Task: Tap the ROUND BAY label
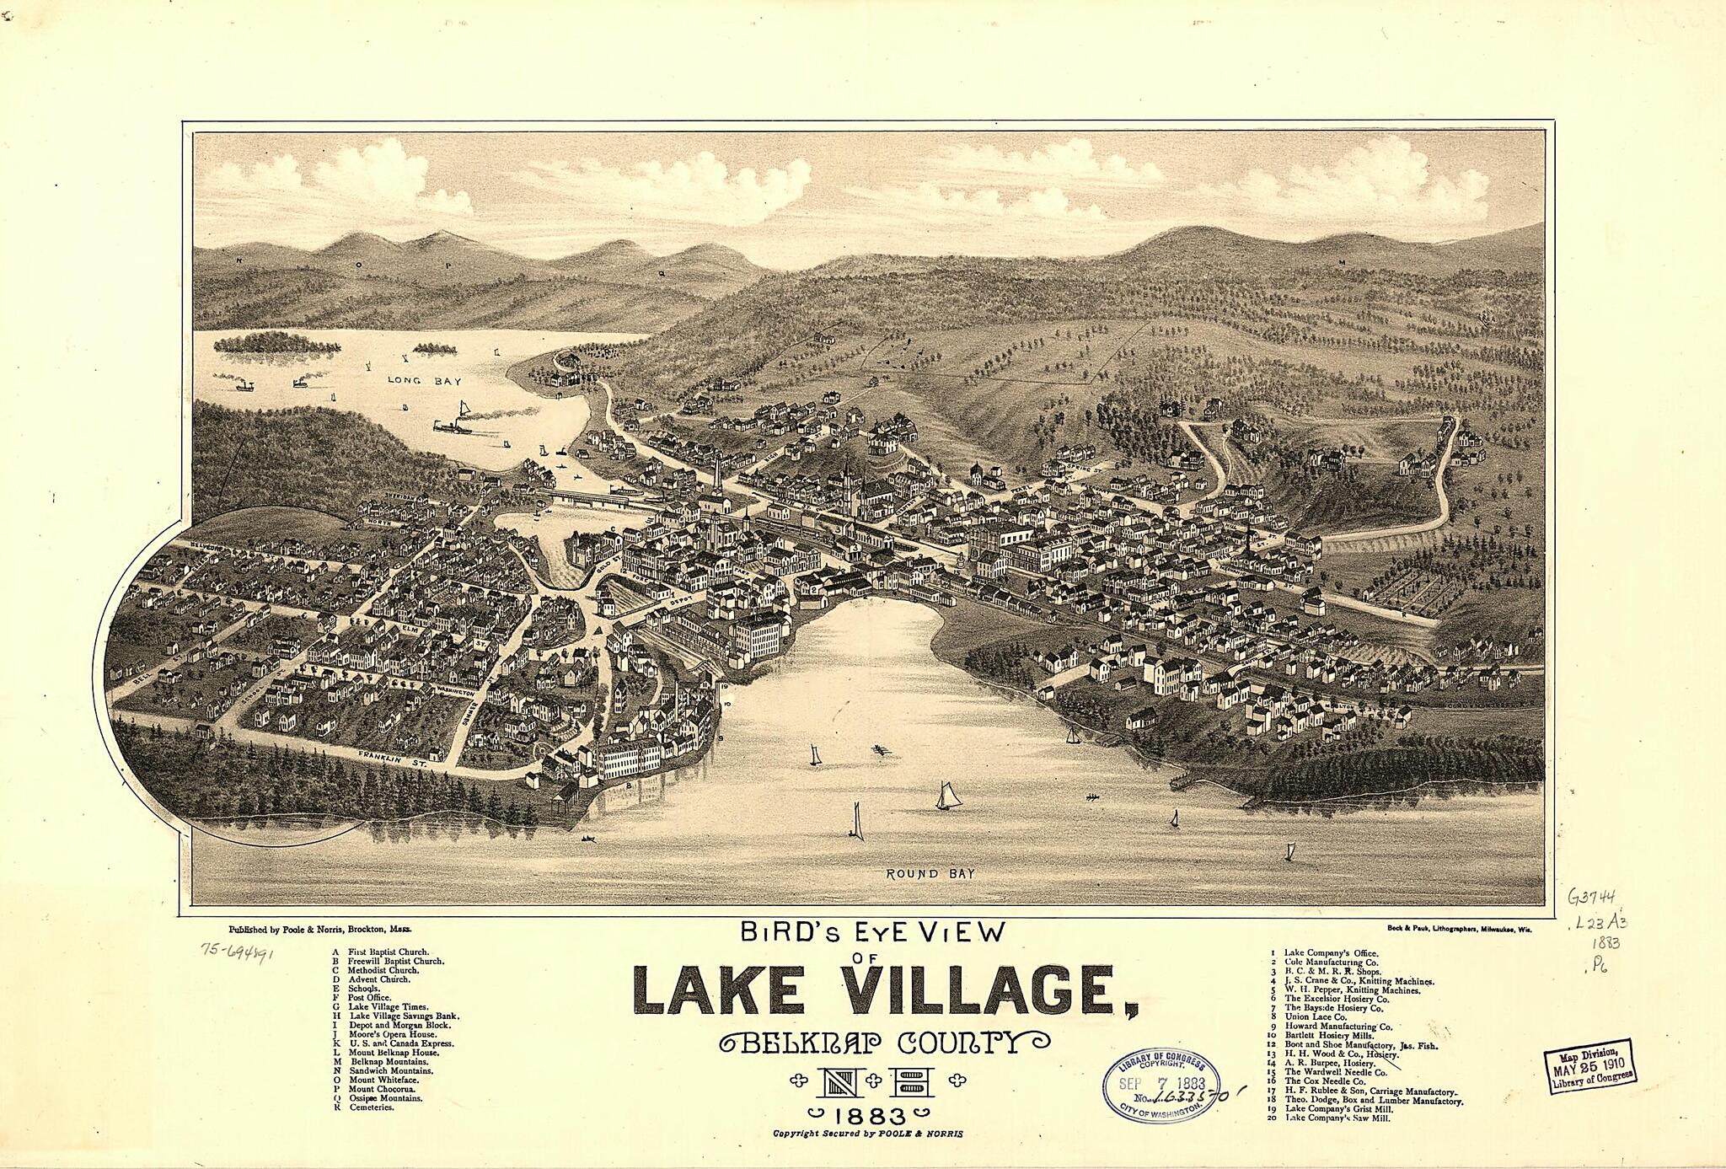(930, 874)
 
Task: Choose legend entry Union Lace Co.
(1315, 1017)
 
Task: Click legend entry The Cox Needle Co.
(1325, 1081)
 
